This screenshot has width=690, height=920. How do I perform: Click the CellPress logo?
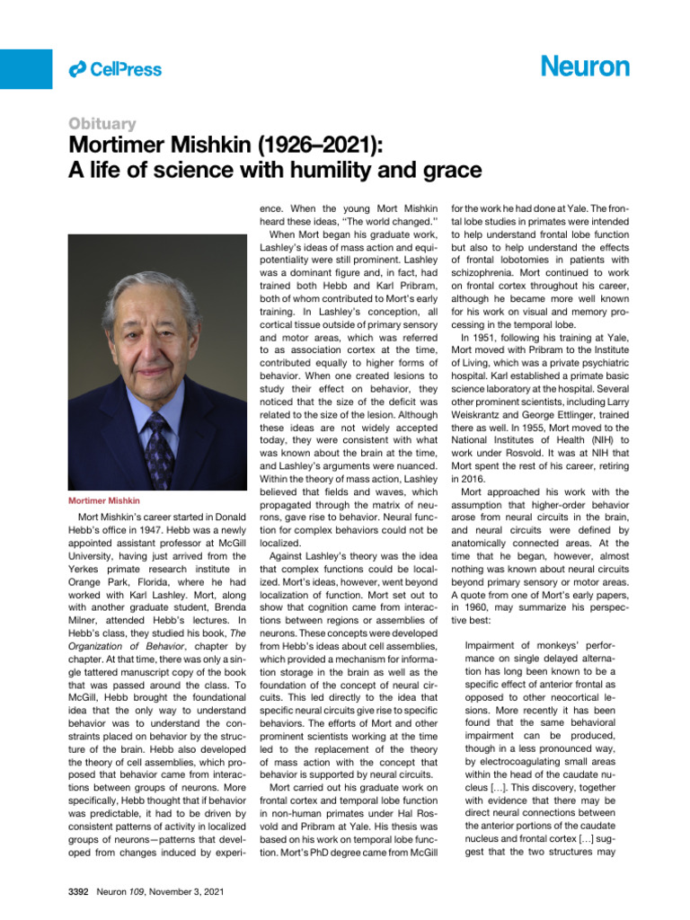(115, 69)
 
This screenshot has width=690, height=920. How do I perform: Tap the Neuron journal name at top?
(585, 67)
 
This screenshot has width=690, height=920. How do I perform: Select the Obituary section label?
(102, 124)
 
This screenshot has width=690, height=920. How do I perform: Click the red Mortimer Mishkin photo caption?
(104, 500)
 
